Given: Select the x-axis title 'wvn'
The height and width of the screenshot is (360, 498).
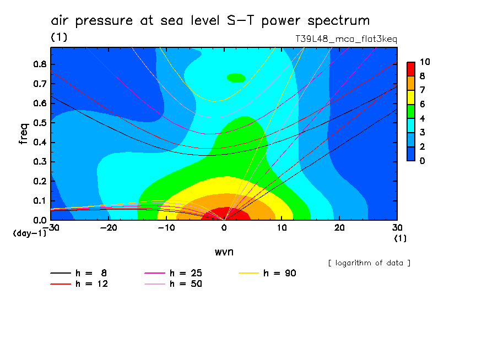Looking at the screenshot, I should (x=224, y=251).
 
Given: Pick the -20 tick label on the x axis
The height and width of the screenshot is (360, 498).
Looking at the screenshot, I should (x=108, y=228).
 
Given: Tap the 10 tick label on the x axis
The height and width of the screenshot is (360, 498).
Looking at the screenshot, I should (x=282, y=228).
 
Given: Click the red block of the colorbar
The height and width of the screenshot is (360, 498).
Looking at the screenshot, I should (x=411, y=69).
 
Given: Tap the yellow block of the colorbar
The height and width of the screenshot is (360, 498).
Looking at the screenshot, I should (x=411, y=97).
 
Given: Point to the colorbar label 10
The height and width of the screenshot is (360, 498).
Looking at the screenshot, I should (x=424, y=62).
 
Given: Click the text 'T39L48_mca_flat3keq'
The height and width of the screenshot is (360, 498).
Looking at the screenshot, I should (x=347, y=39).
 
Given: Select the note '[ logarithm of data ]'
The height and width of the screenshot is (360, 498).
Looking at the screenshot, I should (x=369, y=263).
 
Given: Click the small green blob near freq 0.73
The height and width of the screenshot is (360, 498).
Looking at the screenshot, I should (x=236, y=78).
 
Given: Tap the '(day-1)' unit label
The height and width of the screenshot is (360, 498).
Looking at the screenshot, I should (x=30, y=233).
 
